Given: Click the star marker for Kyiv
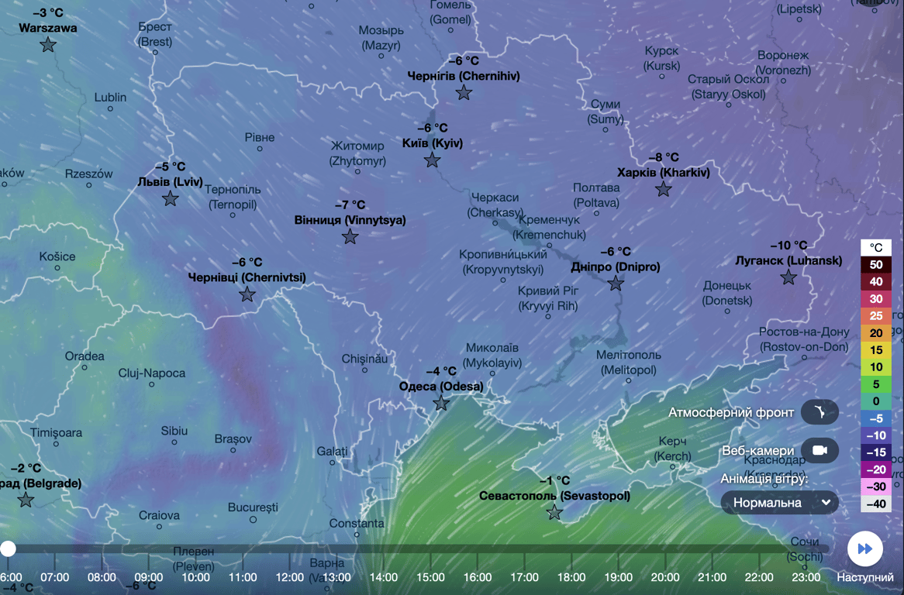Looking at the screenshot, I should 432,160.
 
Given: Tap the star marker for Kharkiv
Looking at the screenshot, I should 663,189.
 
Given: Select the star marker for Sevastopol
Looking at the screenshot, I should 554,512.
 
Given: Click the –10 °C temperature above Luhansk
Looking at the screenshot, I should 788,246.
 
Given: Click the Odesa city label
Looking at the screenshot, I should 440,387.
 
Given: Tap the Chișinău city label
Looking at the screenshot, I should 364,359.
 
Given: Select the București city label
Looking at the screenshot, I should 253,507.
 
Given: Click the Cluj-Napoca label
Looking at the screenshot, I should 152,373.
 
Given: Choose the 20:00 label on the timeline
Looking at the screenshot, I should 665,577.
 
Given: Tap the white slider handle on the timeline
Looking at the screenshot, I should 8,549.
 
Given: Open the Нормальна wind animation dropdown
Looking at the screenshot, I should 779,503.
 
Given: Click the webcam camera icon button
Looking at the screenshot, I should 819,450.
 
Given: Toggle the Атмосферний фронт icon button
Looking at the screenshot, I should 819,412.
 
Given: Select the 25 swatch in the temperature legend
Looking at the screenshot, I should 876,316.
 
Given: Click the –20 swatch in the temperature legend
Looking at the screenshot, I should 876,469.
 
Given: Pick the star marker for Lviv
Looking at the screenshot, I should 171,199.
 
